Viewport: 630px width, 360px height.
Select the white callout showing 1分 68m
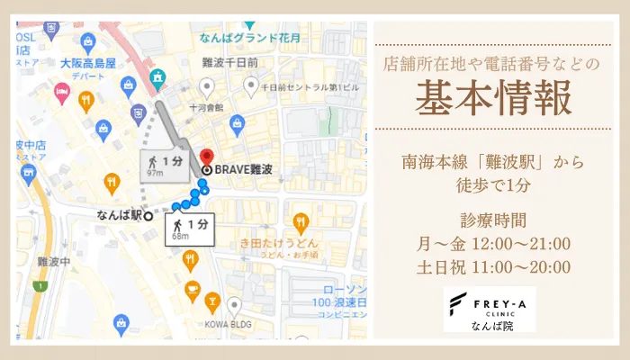190,229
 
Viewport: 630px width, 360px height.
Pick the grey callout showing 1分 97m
164,166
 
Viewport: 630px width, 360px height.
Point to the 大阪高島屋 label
88,64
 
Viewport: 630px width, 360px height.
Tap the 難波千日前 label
230,63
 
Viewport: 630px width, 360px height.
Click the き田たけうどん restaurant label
278,244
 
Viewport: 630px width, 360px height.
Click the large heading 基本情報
493,99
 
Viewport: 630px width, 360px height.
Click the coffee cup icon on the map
192,290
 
